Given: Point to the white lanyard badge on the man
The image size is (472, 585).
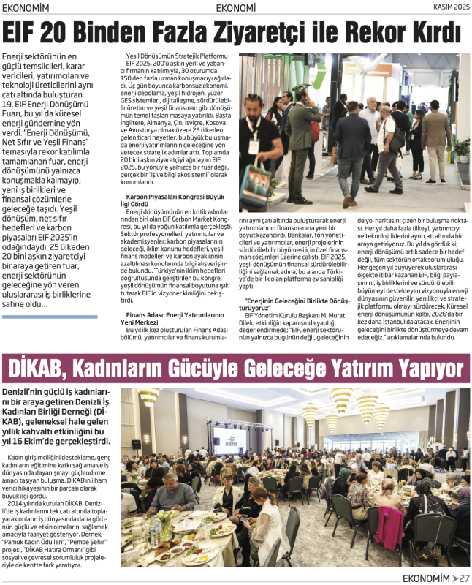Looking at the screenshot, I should pyautogui.click(x=254, y=145).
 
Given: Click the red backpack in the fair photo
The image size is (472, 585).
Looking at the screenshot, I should pyautogui.click(x=314, y=132).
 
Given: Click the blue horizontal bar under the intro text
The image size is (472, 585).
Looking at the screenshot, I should pyautogui.click(x=50, y=317).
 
